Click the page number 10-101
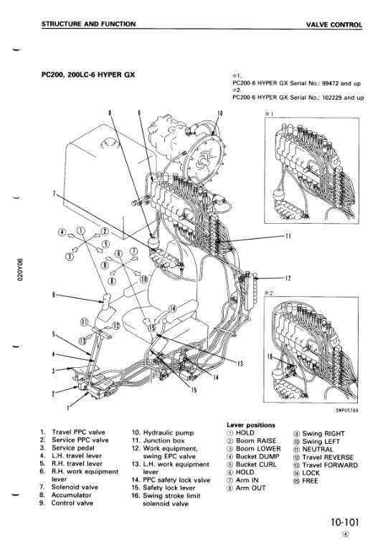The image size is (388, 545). pyautogui.click(x=344, y=522)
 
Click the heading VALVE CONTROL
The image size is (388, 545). pyautogui.click(x=333, y=25)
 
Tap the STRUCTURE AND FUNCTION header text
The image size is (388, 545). pyautogui.click(x=88, y=24)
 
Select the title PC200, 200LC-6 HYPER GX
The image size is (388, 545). pyautogui.click(x=88, y=75)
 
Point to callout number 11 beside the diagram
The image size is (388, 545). pyautogui.click(x=288, y=237)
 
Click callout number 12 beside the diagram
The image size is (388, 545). pyautogui.click(x=288, y=278)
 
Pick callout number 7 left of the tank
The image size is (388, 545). pyautogui.click(x=54, y=194)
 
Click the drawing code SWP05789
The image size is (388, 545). pyautogui.click(x=346, y=410)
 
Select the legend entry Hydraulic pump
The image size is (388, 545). pyautogui.click(x=169, y=432)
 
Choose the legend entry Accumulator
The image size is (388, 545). pyautogui.click(x=71, y=495)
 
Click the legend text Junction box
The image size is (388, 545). pyautogui.click(x=164, y=440)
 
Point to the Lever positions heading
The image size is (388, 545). pyautogui.click(x=251, y=425)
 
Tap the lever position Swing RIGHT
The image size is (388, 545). pyautogui.click(x=323, y=433)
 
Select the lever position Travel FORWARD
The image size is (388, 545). pyautogui.click(x=330, y=465)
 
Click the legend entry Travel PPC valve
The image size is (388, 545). pyautogui.click(x=78, y=432)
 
